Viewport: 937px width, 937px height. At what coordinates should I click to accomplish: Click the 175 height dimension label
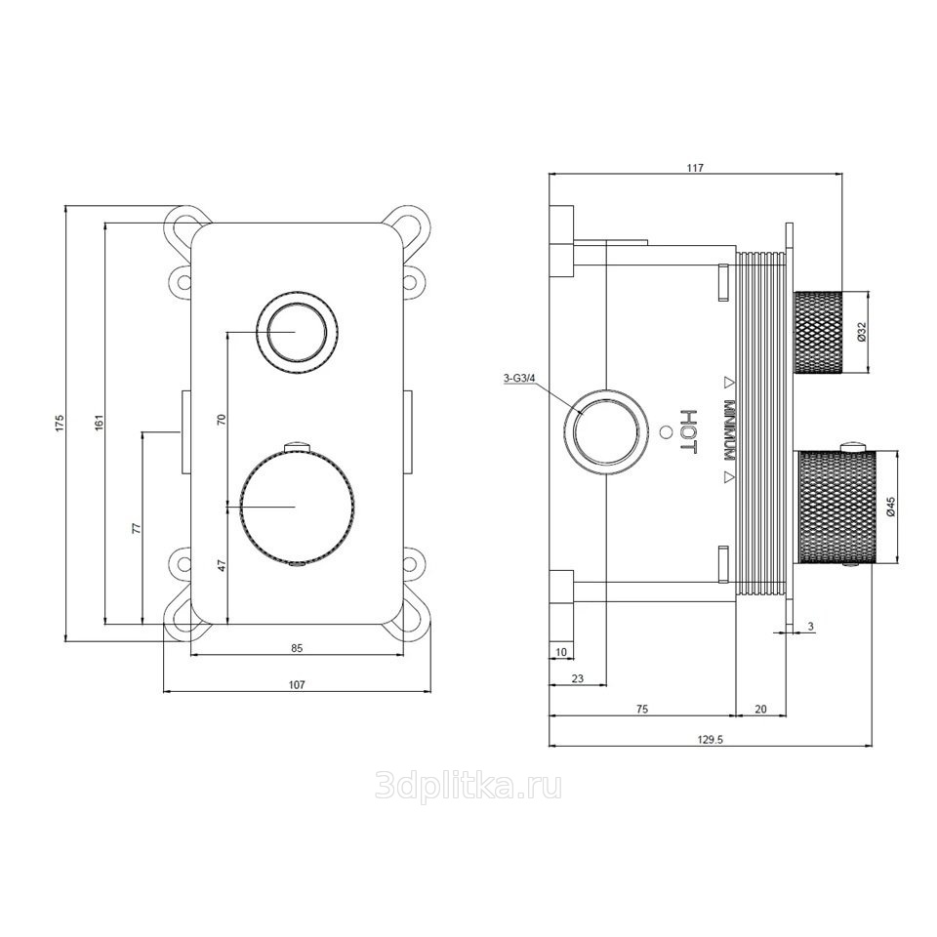click(x=60, y=422)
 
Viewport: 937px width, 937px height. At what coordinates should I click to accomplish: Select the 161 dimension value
click(x=100, y=422)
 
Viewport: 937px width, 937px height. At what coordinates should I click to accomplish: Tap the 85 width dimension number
click(x=297, y=648)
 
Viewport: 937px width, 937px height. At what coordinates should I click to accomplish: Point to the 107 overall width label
click(x=297, y=685)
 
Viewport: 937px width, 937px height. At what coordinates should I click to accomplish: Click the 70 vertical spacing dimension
click(x=222, y=419)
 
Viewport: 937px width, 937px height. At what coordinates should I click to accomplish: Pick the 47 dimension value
click(x=222, y=566)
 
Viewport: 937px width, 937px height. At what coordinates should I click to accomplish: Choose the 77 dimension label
click(x=137, y=528)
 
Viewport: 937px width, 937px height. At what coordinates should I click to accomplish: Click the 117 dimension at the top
click(x=695, y=168)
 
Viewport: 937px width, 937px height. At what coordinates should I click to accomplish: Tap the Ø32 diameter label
click(x=861, y=331)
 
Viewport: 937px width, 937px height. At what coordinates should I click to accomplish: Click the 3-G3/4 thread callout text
click(x=520, y=378)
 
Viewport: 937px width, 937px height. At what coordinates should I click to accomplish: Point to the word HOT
click(x=689, y=430)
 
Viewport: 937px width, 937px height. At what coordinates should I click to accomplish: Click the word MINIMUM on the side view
click(x=729, y=429)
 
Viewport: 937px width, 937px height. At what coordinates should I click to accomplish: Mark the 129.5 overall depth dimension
click(x=711, y=739)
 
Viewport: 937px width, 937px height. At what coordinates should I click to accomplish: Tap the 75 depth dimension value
click(x=642, y=710)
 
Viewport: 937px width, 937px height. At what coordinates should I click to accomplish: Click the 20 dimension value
click(x=760, y=710)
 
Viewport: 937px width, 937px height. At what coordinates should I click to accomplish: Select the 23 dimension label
click(x=578, y=678)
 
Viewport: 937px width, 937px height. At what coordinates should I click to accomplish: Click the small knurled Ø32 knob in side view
click(x=818, y=331)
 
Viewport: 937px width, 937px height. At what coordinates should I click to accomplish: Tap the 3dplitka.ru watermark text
click(x=468, y=787)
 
